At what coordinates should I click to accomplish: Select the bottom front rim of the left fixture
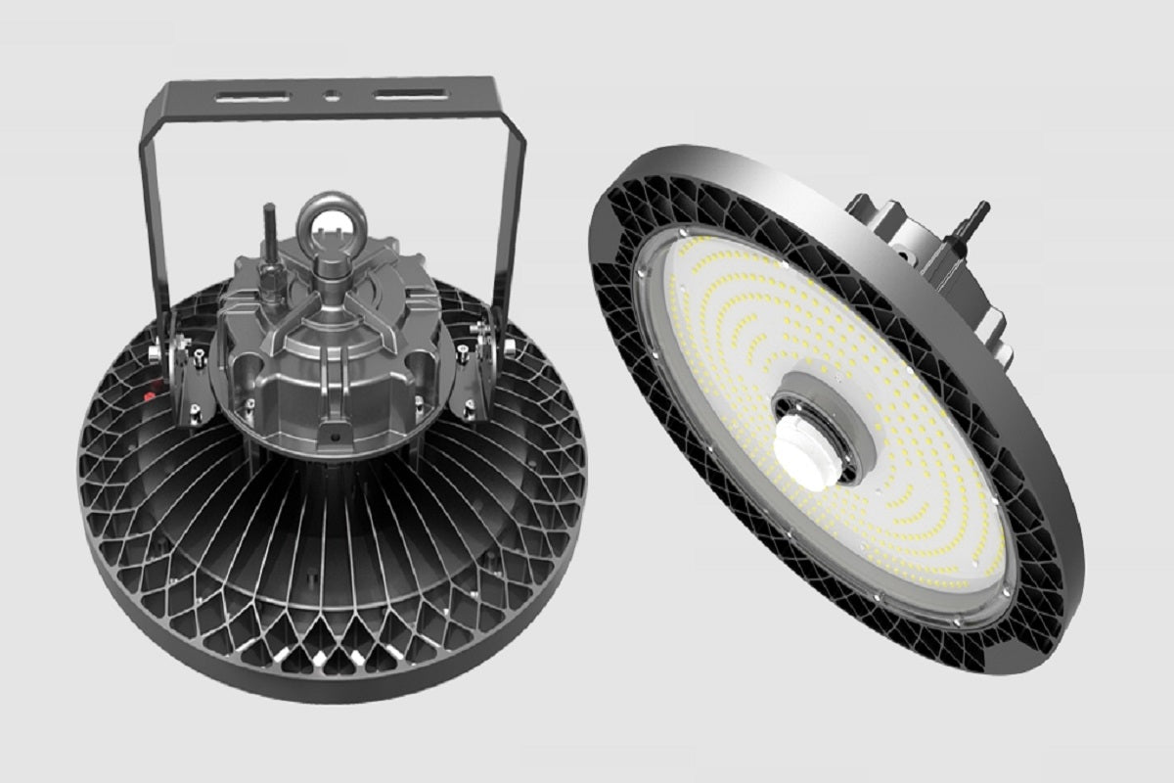(x=323, y=685)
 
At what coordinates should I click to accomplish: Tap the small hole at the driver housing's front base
(x=337, y=432)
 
